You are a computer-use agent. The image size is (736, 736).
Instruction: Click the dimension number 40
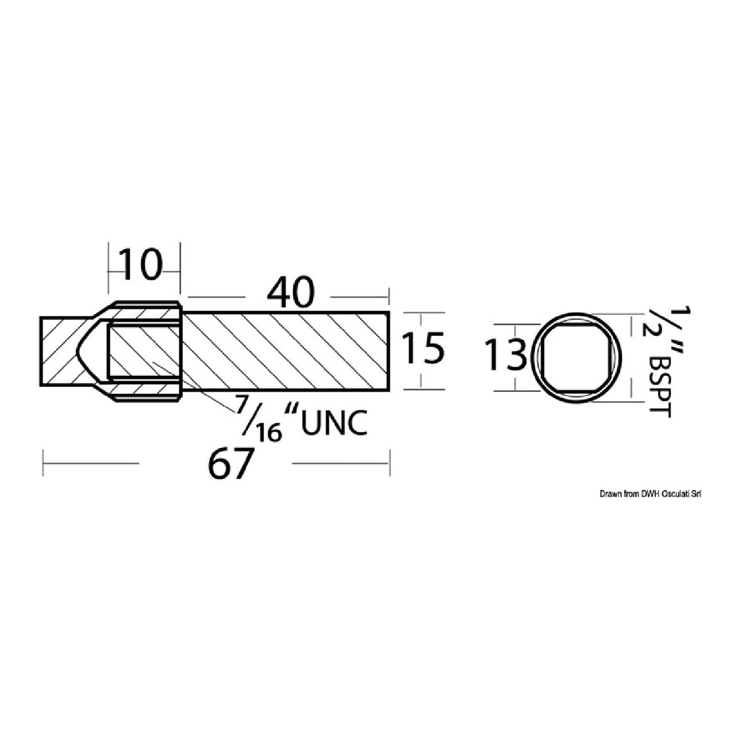(292, 293)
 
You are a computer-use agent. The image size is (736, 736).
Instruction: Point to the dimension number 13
(506, 356)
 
